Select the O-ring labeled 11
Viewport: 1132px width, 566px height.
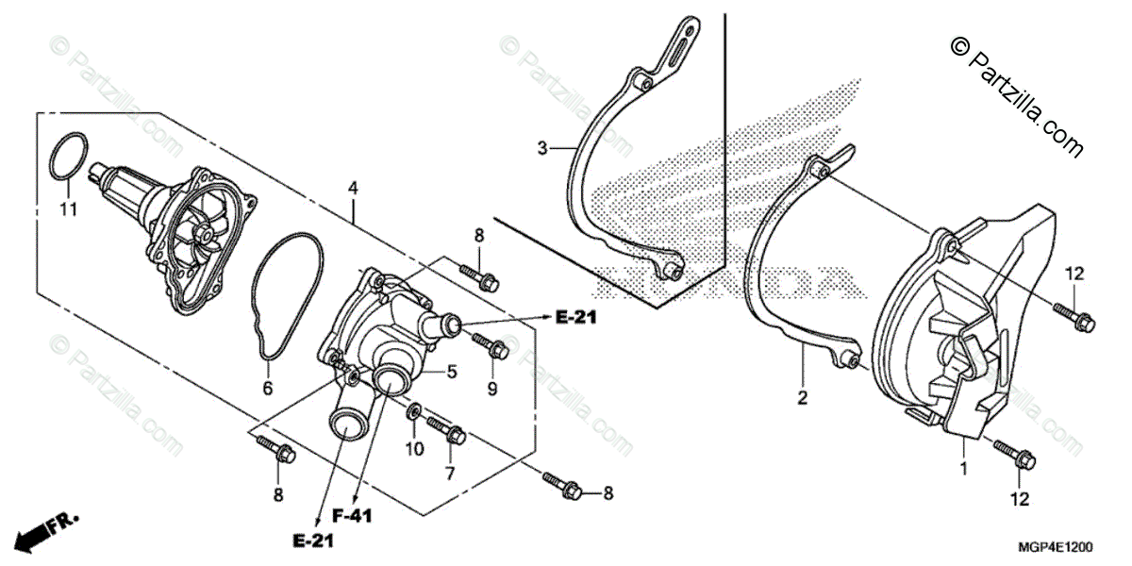72,156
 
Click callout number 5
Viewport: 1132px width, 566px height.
452,372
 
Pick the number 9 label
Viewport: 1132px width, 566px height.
492,389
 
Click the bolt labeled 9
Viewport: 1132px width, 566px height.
496,349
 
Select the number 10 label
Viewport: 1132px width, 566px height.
414,449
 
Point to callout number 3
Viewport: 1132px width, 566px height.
542,148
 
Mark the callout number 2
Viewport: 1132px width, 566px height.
802,398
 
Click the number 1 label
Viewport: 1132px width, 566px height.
963,467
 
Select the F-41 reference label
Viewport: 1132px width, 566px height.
355,515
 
